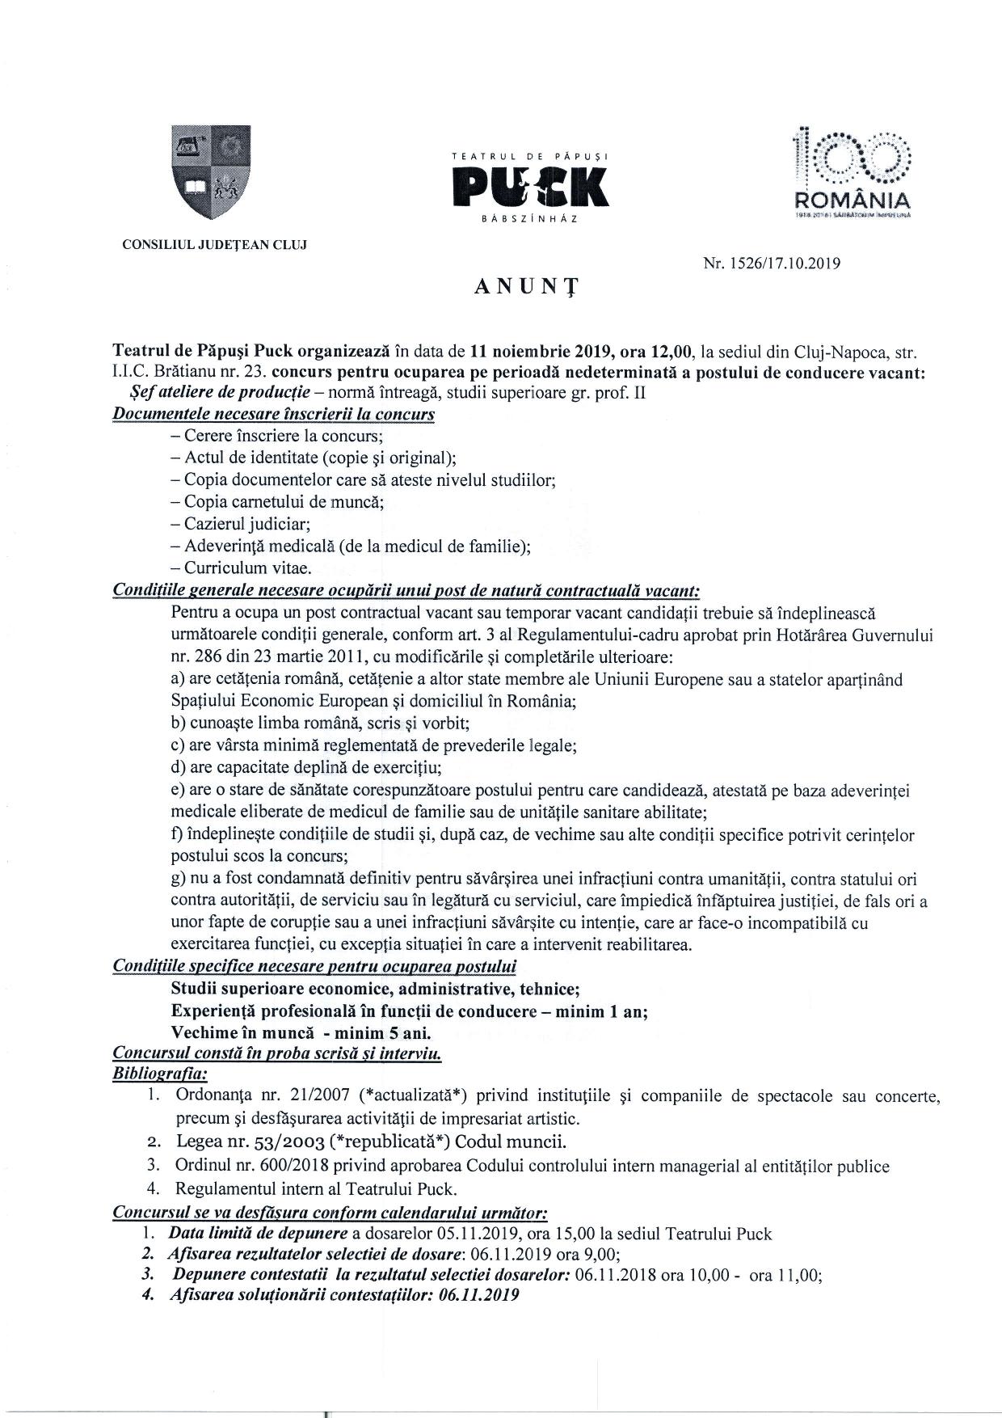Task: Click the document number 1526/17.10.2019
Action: (x=772, y=262)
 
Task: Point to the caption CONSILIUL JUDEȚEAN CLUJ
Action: (x=214, y=244)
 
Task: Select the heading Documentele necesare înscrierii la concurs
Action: (x=274, y=414)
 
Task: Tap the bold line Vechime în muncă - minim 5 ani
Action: (x=301, y=1032)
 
